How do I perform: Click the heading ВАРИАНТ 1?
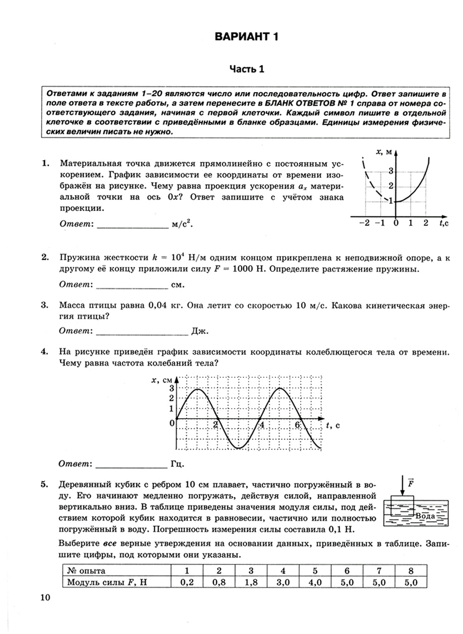tap(247, 37)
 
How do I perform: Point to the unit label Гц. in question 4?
tap(178, 464)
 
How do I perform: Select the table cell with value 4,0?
tap(315, 583)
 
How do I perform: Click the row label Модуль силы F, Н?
tap(106, 583)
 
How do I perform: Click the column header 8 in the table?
tap(411, 571)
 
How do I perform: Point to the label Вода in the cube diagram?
tap(425, 516)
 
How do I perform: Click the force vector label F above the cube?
tap(410, 483)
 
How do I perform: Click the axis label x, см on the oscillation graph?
tap(162, 380)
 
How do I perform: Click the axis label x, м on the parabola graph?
tap(384, 151)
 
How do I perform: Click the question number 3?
tap(45, 305)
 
